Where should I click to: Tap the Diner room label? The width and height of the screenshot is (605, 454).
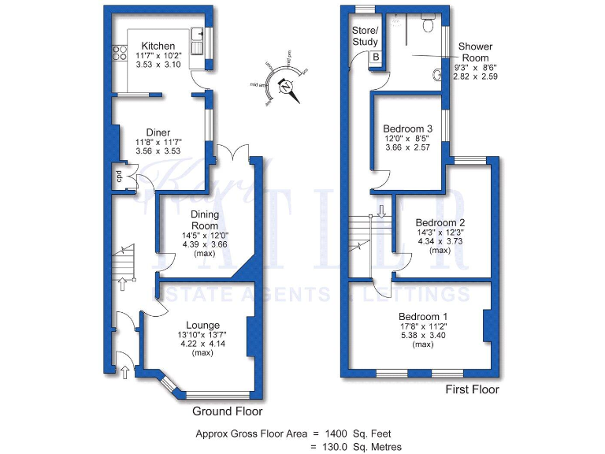click(x=158, y=132)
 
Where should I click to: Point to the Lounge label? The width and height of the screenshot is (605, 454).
click(x=202, y=325)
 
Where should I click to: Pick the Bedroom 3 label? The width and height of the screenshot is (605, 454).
click(x=407, y=128)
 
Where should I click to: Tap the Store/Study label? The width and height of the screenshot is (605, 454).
click(x=365, y=36)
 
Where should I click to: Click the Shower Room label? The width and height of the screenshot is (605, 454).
click(x=475, y=52)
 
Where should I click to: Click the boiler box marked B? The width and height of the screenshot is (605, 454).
click(x=376, y=57)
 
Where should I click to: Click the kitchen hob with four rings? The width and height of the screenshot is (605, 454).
click(x=121, y=53)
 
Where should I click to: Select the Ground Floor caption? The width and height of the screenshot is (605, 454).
click(x=228, y=411)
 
